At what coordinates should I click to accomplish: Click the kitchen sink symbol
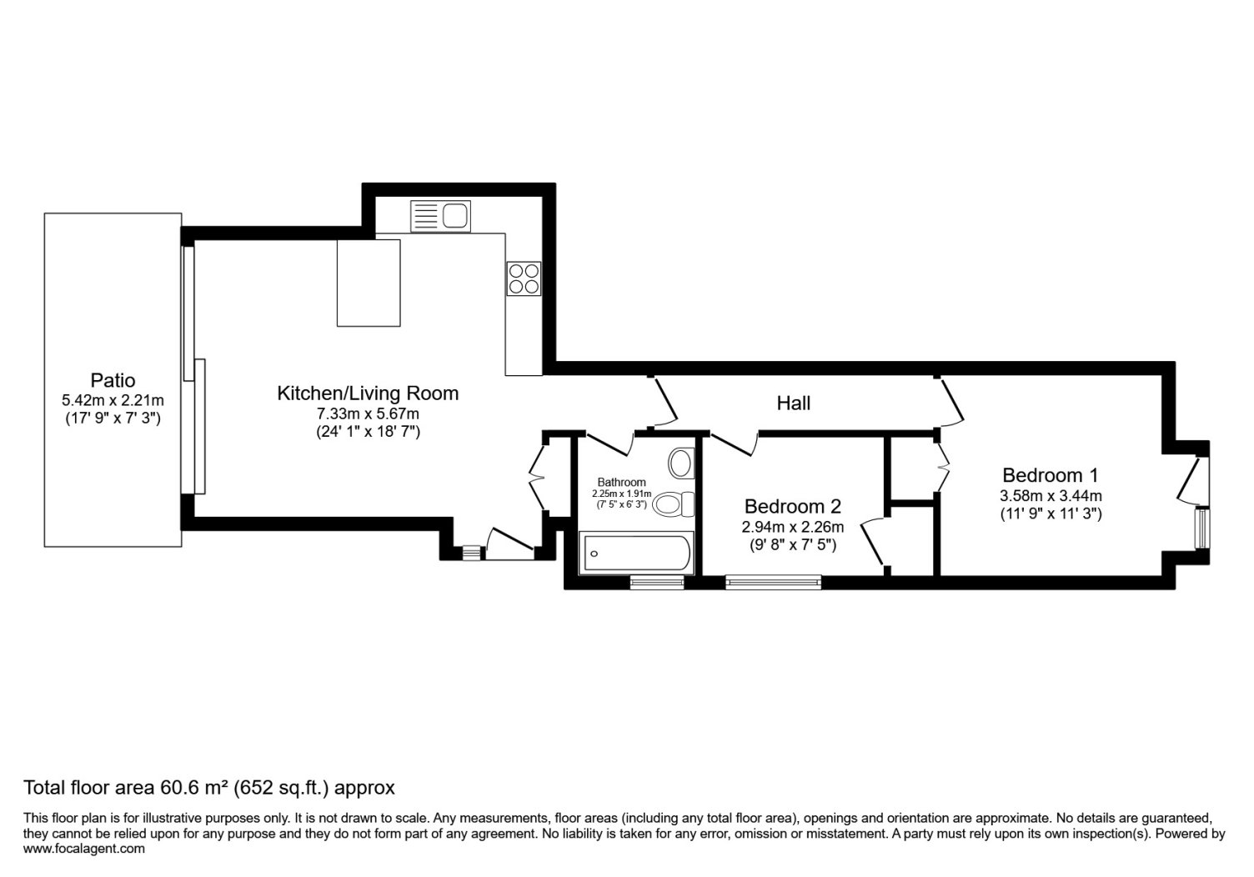point(440,216)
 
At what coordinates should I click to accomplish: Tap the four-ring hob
point(524,278)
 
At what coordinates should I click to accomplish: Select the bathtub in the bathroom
point(636,553)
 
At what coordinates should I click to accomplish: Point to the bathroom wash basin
point(680,464)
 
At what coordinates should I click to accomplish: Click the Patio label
point(113,381)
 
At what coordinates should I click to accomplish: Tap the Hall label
point(793,403)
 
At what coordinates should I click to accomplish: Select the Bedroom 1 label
point(1051,475)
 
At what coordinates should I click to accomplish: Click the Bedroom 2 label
point(793,507)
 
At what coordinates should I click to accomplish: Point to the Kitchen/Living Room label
point(368,393)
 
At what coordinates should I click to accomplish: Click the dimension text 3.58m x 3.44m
point(1051,496)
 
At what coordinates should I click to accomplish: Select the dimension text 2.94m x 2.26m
point(793,527)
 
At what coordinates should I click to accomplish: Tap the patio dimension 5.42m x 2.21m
point(113,401)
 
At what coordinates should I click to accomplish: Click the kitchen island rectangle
point(369,283)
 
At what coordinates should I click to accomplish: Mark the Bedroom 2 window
point(773,583)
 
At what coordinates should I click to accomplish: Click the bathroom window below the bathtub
point(657,583)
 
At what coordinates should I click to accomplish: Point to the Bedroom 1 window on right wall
point(1202,529)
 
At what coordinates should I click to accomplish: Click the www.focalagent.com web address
point(84,849)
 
